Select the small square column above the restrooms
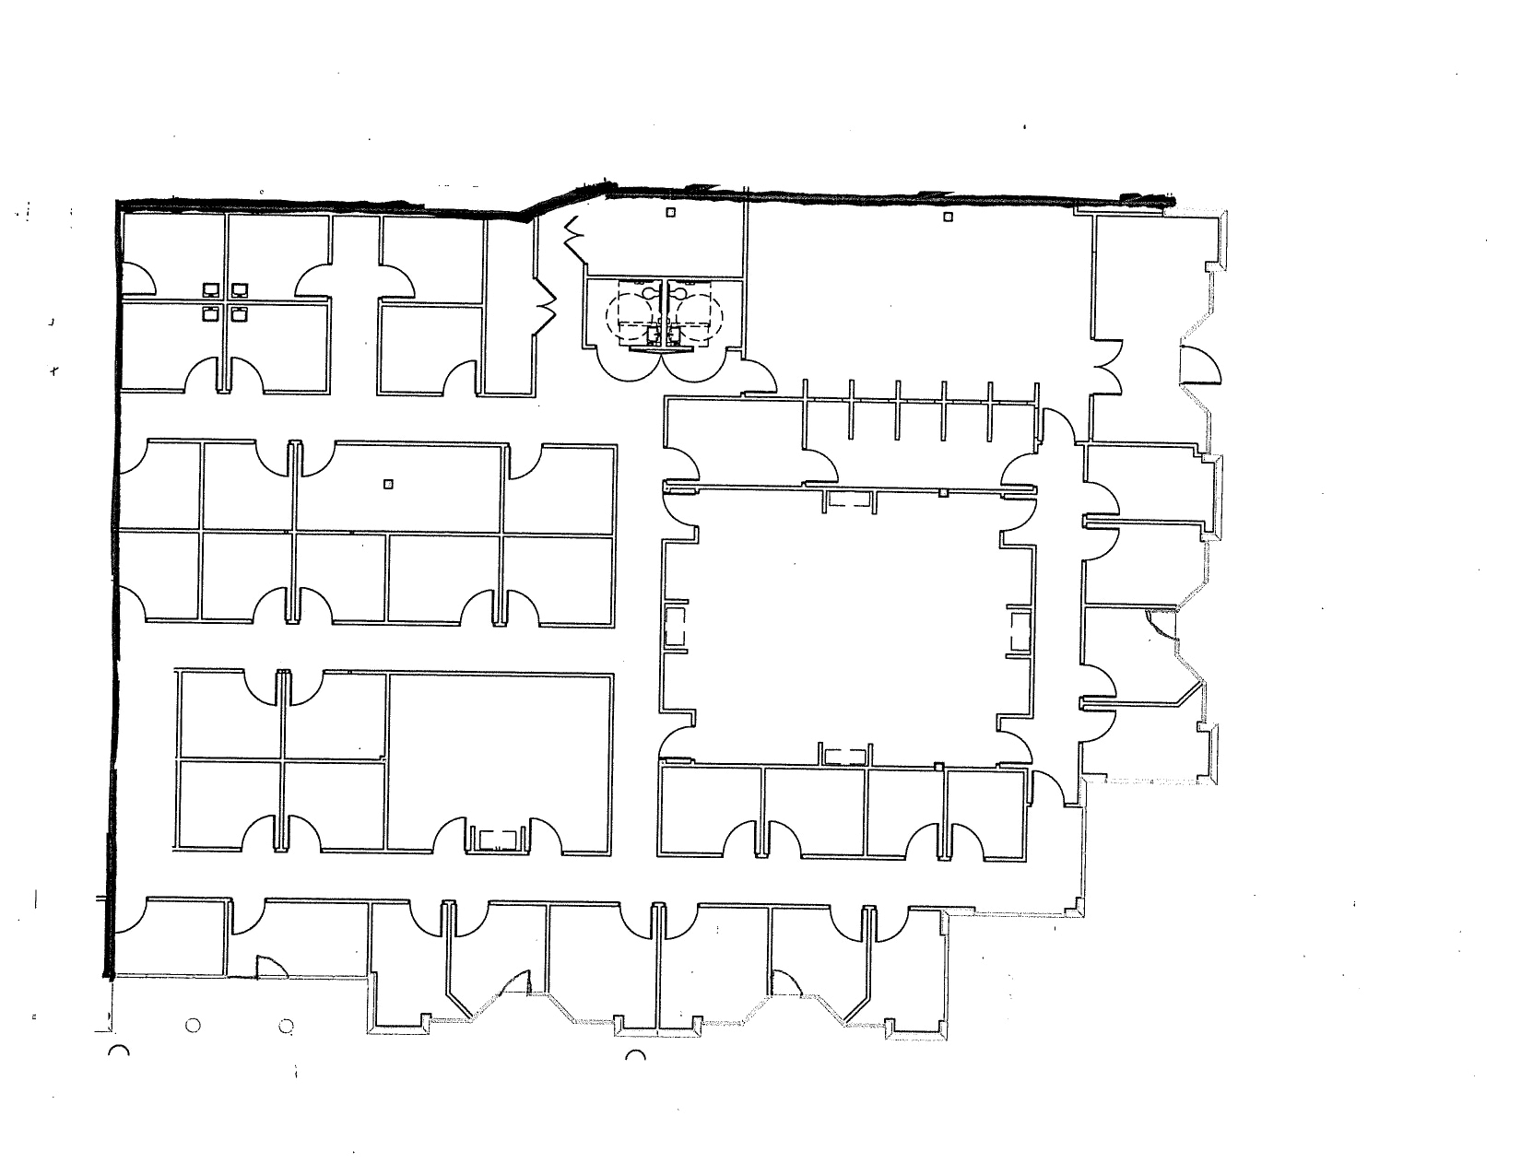pyautogui.click(x=671, y=213)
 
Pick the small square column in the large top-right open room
pyautogui.click(x=947, y=217)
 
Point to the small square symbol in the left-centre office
pyautogui.click(x=388, y=483)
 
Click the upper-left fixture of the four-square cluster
pyautogui.click(x=210, y=289)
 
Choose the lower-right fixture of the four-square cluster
pyautogui.click(x=241, y=314)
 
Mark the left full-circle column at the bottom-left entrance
pyautogui.click(x=193, y=1025)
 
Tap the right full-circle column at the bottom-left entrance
pyautogui.click(x=286, y=1025)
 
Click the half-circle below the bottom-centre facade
pyautogui.click(x=635, y=1056)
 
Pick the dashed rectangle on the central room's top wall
pyautogui.click(x=849, y=499)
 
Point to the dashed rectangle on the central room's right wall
pyautogui.click(x=1020, y=632)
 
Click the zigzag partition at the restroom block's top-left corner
pyautogui.click(x=573, y=237)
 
